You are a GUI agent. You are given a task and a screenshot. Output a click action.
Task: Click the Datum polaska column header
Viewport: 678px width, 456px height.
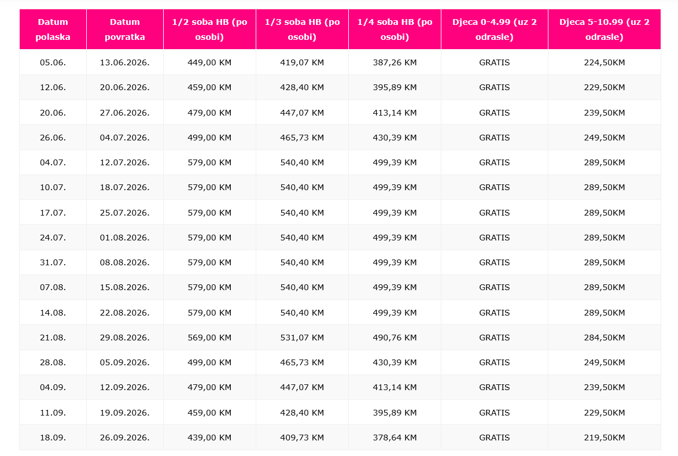[x=53, y=29]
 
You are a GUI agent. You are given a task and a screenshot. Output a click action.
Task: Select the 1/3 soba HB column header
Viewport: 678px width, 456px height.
[x=302, y=29]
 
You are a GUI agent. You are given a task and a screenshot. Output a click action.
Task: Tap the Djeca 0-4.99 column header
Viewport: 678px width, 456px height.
[x=494, y=29]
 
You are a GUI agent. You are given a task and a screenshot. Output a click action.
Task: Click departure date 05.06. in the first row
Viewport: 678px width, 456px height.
[x=53, y=62]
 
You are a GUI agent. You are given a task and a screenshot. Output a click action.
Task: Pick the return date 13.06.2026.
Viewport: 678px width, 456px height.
[x=124, y=62]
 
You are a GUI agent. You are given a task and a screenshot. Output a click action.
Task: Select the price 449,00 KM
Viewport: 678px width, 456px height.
[x=209, y=62]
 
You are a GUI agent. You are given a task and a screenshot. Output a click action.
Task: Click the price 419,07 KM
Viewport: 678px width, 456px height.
[x=302, y=62]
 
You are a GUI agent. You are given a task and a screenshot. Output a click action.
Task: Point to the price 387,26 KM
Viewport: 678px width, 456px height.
[x=395, y=62]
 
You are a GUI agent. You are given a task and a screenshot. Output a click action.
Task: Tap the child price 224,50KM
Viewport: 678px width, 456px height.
[x=604, y=62]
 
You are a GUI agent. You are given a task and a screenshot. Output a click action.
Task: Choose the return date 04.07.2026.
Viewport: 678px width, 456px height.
[x=124, y=138]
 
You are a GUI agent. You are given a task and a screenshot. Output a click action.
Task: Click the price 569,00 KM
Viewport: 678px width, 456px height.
[x=209, y=338]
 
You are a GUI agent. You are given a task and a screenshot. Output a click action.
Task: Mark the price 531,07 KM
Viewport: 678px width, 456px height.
[x=302, y=338]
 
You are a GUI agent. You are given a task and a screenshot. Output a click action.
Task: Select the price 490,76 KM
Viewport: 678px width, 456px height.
[x=395, y=338]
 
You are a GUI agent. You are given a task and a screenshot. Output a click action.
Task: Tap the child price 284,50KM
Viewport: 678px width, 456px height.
[x=604, y=338]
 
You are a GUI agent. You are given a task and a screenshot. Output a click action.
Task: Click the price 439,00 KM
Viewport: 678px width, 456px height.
[x=209, y=438]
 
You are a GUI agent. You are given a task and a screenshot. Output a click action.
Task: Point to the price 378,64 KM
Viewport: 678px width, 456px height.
[x=395, y=438]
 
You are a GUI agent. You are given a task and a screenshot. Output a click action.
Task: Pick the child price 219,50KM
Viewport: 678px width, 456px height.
[x=604, y=438]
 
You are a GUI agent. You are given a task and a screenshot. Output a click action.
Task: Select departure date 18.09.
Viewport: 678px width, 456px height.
[x=53, y=438]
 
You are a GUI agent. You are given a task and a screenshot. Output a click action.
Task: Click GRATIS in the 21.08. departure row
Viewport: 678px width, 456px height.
[x=494, y=338]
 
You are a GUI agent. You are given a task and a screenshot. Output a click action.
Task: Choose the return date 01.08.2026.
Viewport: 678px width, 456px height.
[x=124, y=238]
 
